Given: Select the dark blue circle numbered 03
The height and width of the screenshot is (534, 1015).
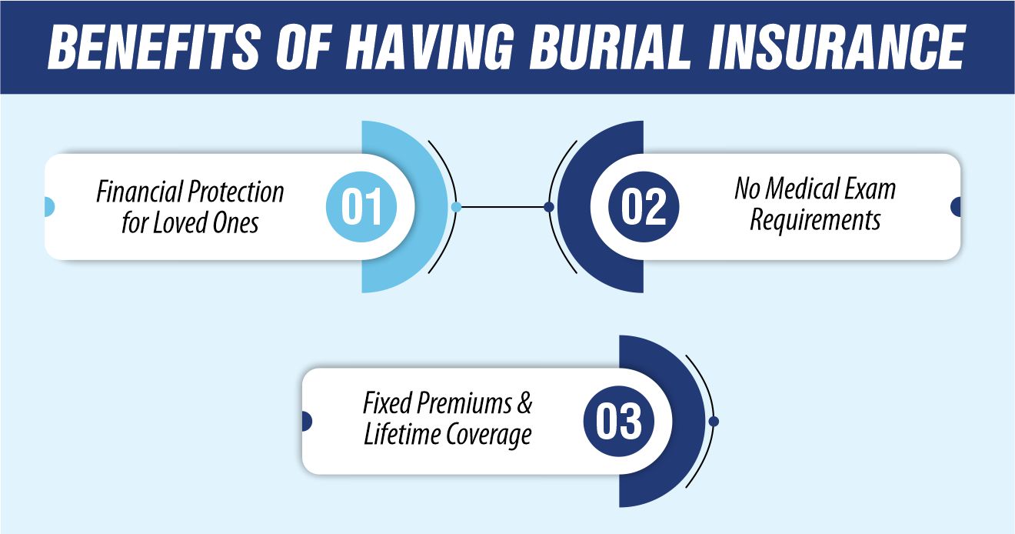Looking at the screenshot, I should (x=619, y=422).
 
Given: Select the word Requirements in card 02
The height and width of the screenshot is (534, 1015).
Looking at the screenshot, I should (x=815, y=220).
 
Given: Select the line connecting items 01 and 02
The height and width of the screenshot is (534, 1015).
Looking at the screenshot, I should (x=502, y=207).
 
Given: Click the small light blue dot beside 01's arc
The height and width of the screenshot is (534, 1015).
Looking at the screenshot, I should (x=456, y=207).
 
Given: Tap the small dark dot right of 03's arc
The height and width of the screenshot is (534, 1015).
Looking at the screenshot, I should (x=714, y=422).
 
